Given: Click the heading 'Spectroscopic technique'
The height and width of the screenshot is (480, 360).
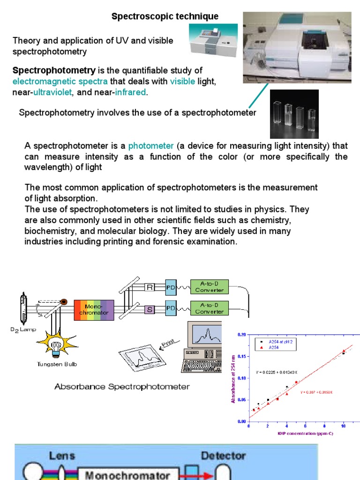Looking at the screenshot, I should (x=165, y=16).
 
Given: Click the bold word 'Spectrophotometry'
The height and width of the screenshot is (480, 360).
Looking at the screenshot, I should (x=54, y=71).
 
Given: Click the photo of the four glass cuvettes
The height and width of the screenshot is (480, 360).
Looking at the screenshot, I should (x=294, y=114).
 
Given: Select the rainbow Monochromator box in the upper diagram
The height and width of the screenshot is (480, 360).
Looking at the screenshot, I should (x=93, y=310).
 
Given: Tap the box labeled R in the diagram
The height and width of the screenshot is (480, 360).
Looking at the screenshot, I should (x=150, y=287).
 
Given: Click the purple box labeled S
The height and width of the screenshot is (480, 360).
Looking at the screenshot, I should (x=150, y=309).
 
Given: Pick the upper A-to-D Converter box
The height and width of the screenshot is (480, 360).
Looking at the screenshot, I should (x=209, y=287).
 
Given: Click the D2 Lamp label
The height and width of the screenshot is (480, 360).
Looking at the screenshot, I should (x=23, y=330).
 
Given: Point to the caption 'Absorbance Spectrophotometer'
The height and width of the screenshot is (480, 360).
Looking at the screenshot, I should (x=122, y=387).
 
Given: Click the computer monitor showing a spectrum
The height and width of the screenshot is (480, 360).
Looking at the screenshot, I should (x=206, y=337).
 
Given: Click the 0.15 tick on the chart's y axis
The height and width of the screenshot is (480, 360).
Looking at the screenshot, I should (x=241, y=356).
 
